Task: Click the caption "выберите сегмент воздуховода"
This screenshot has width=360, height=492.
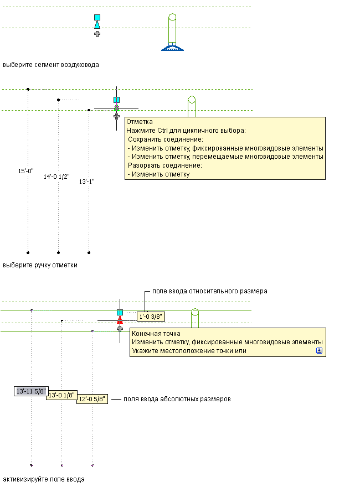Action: click(x=51, y=65)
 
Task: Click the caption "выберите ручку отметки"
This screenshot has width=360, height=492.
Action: click(x=40, y=265)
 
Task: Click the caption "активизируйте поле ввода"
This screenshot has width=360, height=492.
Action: click(x=44, y=479)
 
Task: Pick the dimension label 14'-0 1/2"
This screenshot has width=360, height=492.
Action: click(x=56, y=177)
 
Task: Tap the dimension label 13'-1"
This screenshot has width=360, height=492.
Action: click(x=87, y=182)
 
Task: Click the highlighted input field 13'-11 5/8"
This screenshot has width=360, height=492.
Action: click(x=31, y=391)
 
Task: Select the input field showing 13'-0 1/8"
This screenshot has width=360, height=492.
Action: click(x=61, y=396)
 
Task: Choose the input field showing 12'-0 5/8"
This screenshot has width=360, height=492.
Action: click(x=92, y=400)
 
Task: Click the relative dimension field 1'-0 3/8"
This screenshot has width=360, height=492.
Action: click(x=151, y=317)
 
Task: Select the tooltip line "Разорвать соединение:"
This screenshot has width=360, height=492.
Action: click(x=164, y=165)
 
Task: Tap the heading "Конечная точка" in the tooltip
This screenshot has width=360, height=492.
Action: click(x=156, y=334)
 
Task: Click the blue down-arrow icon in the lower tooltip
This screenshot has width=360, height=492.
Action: click(x=319, y=351)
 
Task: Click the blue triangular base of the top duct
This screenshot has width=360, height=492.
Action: click(x=172, y=48)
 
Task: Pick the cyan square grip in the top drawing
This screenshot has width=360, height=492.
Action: click(x=97, y=18)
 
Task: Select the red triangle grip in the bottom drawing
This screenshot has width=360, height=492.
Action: click(x=119, y=320)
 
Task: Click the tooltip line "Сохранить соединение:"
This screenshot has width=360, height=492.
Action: click(x=166, y=139)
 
